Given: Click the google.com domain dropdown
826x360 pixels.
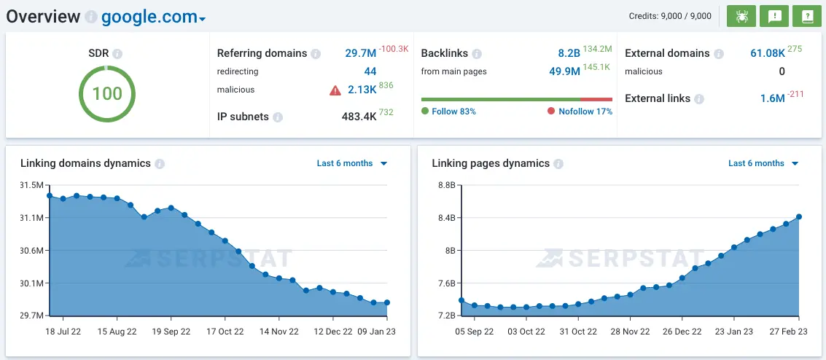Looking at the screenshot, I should coord(153,17).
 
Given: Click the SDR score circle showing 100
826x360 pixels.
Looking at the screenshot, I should coord(107,93).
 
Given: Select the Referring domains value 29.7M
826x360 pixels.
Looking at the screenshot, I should coord(360,53).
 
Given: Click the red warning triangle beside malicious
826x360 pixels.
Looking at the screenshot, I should coord(335,90).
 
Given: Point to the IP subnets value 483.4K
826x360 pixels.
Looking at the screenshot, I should coord(359,117).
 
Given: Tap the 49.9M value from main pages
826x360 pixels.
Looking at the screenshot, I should coord(564,71).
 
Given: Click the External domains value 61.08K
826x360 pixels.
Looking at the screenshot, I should coord(767,53).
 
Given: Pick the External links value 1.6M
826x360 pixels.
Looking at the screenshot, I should coord(772,98).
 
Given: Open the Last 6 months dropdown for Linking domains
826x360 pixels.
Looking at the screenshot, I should coord(351,163).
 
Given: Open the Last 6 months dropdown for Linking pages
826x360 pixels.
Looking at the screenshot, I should coord(763,163).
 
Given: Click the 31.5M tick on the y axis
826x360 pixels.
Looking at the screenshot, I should coord(32,185).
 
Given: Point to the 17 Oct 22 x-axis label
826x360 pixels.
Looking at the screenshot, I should coord(225,331).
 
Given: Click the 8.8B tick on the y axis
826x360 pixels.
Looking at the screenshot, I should coord(446,185).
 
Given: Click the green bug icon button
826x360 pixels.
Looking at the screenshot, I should coord(741,16).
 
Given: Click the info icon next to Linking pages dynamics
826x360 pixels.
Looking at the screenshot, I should coord(558,164).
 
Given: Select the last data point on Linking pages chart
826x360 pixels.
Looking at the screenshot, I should coord(799,216).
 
